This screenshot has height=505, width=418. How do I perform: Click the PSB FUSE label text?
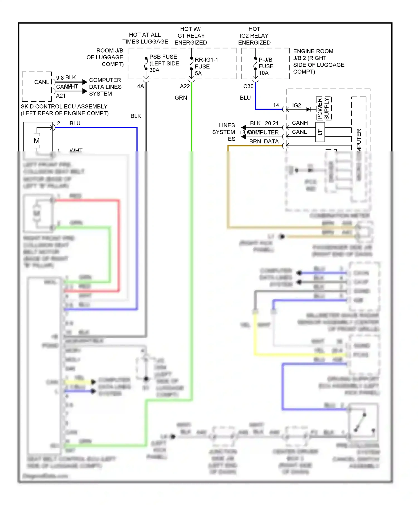(163, 57)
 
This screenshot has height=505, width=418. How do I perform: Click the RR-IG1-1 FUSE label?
(206, 66)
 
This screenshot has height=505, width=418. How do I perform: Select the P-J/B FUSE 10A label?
(266, 66)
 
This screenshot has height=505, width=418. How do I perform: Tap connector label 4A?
(141, 86)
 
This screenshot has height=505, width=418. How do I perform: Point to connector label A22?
(185, 86)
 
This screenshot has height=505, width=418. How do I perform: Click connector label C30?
(248, 86)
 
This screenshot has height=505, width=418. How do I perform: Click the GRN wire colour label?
(181, 98)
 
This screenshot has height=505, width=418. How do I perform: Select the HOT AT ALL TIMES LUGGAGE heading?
(145, 38)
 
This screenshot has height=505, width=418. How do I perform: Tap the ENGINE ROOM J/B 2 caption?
(319, 61)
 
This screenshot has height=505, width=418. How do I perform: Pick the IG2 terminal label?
(297, 105)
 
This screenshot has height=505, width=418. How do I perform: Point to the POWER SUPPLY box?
(323, 109)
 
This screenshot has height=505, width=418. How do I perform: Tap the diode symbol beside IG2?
(308, 109)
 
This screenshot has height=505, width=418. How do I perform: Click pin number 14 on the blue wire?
(276, 105)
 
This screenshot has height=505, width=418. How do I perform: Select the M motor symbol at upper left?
(37, 141)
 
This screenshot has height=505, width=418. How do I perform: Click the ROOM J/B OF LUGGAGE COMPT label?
(105, 57)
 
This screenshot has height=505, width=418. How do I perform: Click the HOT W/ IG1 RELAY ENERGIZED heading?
(191, 36)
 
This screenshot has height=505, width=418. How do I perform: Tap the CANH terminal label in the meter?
(300, 123)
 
